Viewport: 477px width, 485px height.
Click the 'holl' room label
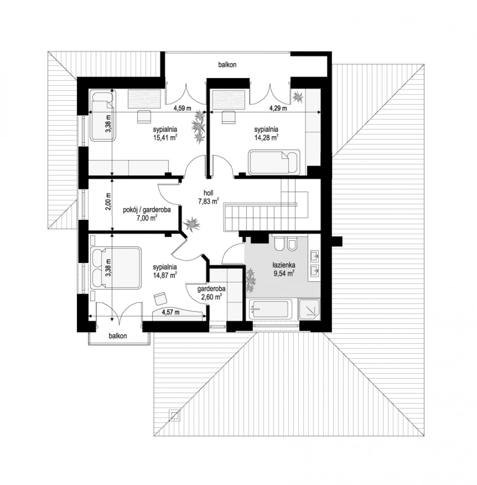click(208, 193)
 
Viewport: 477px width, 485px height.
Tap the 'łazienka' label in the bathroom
click(284, 265)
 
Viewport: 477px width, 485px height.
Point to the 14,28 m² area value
click(266, 138)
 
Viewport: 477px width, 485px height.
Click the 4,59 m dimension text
click(183, 108)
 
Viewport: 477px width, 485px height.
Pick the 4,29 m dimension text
click(278, 108)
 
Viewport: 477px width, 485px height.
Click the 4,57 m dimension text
click(170, 312)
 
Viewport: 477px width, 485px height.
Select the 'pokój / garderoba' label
click(147, 210)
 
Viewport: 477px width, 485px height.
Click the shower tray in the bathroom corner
click(309, 309)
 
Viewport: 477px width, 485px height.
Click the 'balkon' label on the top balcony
click(227, 65)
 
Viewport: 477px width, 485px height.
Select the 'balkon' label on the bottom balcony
click(118, 336)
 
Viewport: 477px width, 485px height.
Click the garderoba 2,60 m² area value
click(211, 297)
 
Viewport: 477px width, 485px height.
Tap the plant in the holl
click(192, 224)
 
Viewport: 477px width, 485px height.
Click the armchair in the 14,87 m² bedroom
click(160, 299)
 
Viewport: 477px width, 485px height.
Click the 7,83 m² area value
click(208, 202)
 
